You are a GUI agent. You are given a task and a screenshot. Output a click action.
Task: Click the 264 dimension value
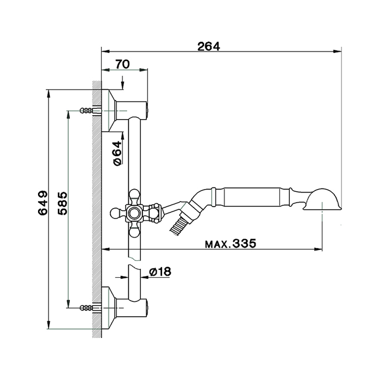tap(209, 46)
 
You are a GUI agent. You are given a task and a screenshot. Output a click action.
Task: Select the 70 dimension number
tap(123, 64)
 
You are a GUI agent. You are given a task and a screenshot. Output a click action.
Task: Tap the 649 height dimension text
tap(43, 203)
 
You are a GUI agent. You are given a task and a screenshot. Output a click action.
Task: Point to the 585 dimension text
tap(63, 203)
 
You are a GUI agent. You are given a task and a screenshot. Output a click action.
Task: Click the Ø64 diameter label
tap(118, 153)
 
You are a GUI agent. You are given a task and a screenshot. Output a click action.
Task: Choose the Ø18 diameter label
tap(160, 272)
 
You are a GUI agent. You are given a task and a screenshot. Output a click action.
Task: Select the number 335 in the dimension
tap(244, 243)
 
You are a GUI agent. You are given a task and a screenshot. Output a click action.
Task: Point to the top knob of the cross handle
tap(134, 196)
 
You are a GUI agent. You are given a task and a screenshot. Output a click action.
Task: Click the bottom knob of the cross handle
tap(134, 231)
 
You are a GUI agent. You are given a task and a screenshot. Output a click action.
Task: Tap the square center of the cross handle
tap(134, 213)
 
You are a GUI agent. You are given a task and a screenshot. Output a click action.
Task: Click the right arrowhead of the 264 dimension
tap(337, 51)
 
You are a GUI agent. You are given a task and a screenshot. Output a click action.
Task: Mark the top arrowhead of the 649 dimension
tap(49, 94)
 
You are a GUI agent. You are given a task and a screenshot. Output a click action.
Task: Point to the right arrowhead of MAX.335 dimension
tap(318, 249)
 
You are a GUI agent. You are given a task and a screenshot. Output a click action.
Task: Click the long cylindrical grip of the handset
tap(252, 197)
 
